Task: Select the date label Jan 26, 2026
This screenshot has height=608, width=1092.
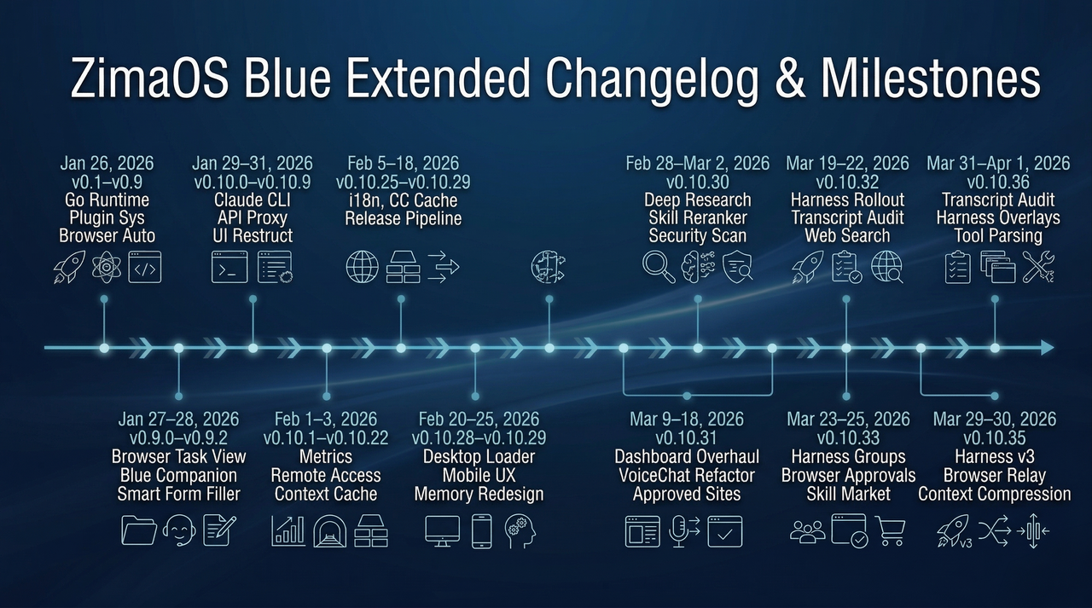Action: tap(104, 163)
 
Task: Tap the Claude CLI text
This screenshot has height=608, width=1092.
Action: tap(253, 200)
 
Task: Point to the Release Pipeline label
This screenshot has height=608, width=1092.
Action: tap(403, 218)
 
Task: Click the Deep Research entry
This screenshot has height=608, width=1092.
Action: tap(698, 200)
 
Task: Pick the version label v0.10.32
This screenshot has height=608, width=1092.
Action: tap(846, 182)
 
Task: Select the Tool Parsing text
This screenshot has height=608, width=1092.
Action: tap(998, 236)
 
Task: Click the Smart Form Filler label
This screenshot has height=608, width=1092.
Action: tap(179, 494)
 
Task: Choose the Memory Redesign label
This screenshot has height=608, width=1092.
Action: tap(479, 494)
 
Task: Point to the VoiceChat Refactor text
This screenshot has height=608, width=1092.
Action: tap(688, 475)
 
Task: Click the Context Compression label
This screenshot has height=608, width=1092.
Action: tap(995, 494)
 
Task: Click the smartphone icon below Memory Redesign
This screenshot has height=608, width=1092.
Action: tap(481, 531)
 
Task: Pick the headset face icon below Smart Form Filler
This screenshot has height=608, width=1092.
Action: tap(178, 531)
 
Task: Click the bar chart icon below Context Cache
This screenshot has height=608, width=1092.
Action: tap(288, 530)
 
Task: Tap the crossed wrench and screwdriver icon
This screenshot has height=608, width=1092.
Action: tap(1038, 267)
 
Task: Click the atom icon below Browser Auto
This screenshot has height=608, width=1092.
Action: tap(104, 266)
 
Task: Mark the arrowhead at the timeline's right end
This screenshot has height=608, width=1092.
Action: tap(1046, 348)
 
